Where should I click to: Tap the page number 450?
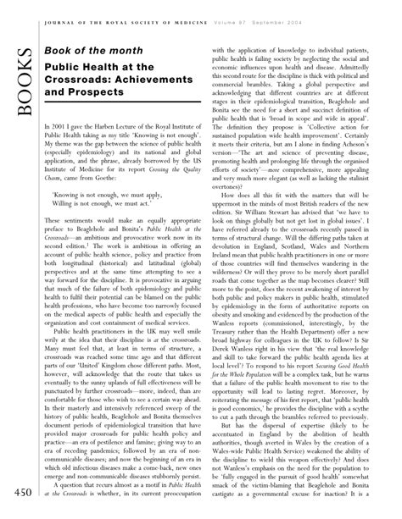click(x=19, y=494)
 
